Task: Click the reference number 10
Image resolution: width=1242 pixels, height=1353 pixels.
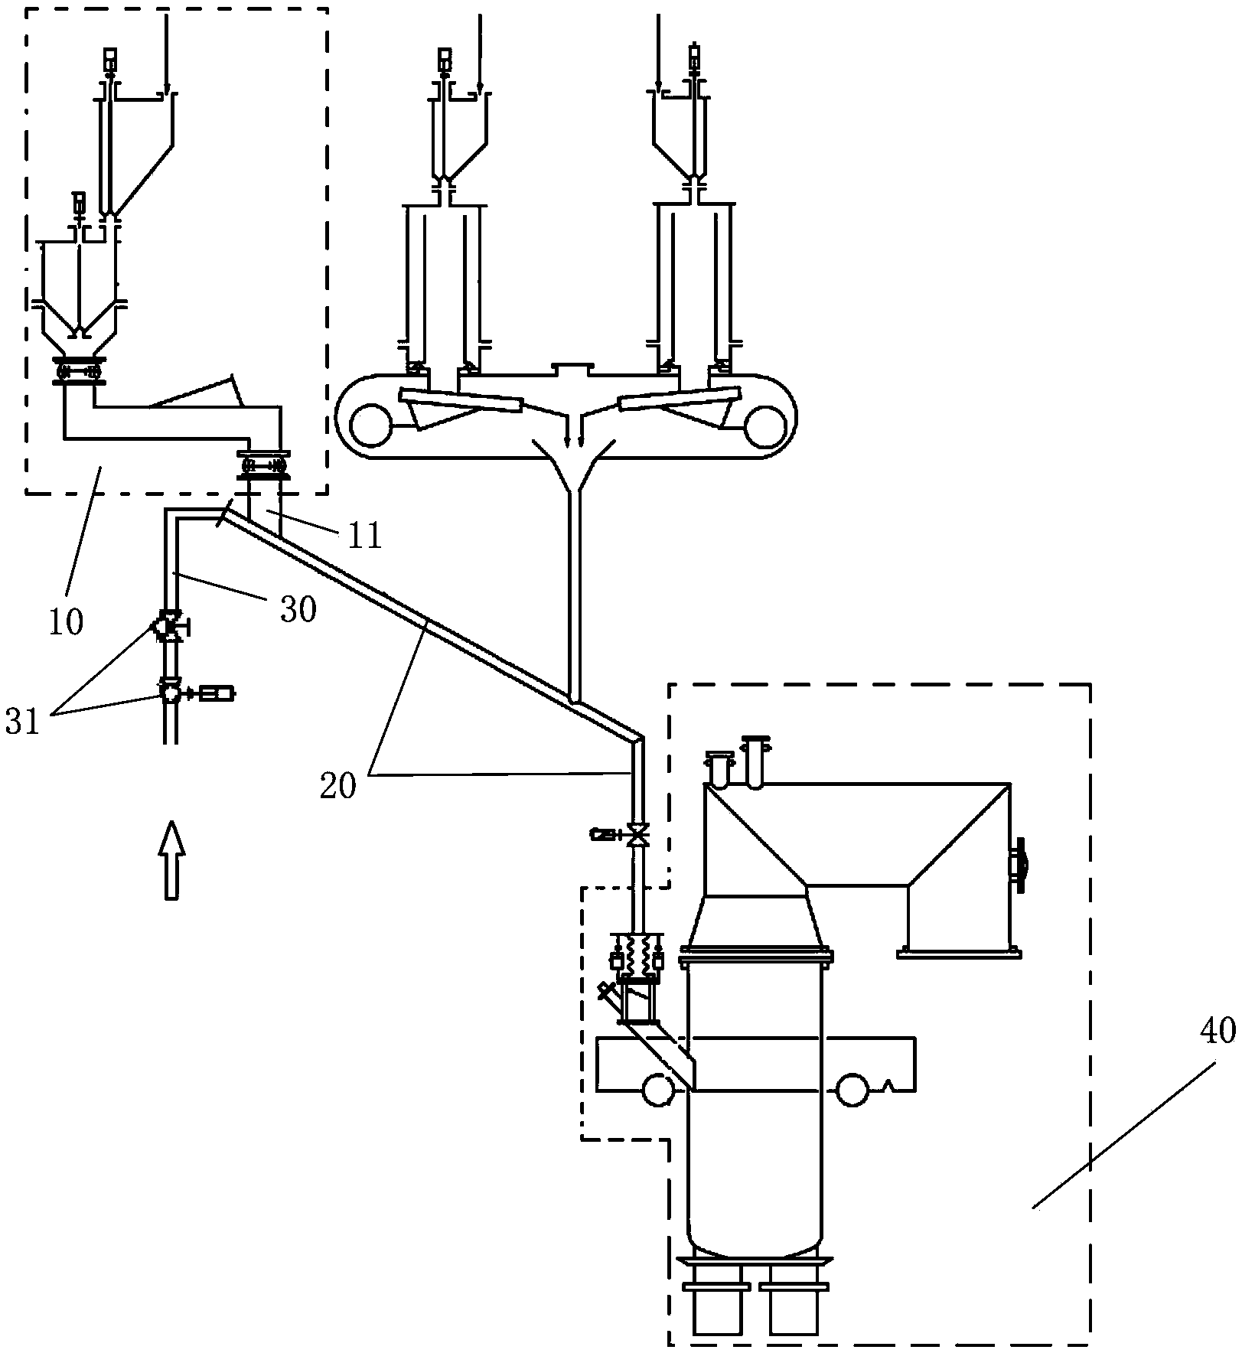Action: point(66,622)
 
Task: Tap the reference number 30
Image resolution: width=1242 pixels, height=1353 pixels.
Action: point(298,610)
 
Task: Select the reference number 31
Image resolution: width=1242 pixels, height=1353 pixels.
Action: point(22,722)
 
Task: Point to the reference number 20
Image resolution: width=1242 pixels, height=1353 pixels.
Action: point(339,786)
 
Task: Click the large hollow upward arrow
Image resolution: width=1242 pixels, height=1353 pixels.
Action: point(171,859)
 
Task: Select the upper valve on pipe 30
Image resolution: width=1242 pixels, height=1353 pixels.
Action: point(169,625)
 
